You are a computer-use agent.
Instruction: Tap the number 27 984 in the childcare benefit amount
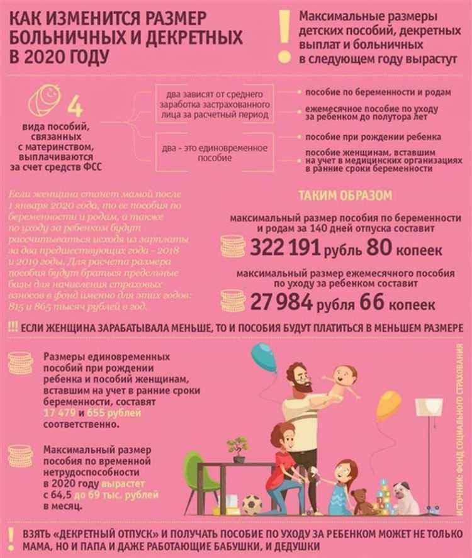tap(281, 303)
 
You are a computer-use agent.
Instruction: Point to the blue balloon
tap(264, 357)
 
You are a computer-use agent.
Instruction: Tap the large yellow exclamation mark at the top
tap(284, 35)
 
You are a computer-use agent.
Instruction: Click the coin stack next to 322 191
tap(232, 246)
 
